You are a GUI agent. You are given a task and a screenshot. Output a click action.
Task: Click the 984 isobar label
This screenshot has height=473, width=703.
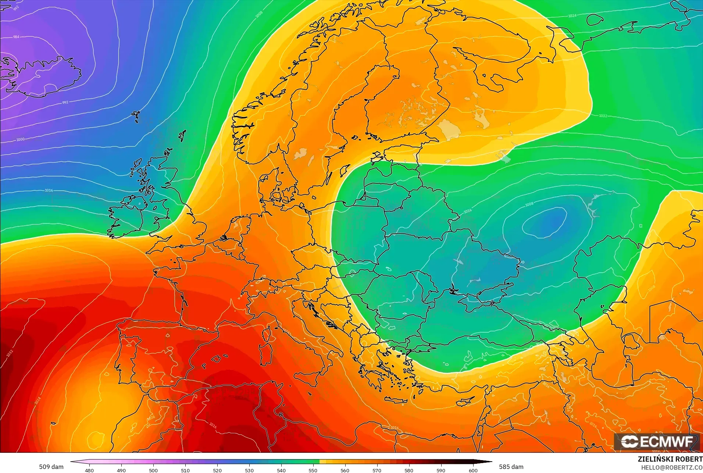pyautogui.click(x=16, y=37)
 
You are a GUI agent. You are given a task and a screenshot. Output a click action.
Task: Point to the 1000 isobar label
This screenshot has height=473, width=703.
pyautogui.click(x=20, y=139)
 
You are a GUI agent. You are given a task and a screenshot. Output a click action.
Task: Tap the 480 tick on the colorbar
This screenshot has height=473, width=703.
pyautogui.click(x=89, y=470)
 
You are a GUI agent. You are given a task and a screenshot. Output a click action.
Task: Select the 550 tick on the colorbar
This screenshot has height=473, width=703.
pyautogui.click(x=313, y=470)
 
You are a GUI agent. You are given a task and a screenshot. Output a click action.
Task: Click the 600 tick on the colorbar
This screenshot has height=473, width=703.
pyautogui.click(x=473, y=470)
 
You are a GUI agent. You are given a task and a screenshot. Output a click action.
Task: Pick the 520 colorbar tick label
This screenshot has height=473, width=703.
pyautogui.click(x=217, y=470)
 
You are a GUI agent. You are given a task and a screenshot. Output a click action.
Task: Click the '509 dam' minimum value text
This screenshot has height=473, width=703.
pyautogui.click(x=51, y=467)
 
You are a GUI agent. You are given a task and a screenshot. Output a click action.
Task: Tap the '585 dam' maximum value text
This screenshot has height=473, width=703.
pyautogui.click(x=511, y=467)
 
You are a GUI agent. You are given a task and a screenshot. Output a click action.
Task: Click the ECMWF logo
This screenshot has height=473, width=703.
pyautogui.click(x=657, y=441)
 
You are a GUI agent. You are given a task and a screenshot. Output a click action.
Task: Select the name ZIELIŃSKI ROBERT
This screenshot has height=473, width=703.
pyautogui.click(x=670, y=459)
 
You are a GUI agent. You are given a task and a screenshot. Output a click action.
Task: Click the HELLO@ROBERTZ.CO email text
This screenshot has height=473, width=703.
pyautogui.click(x=672, y=467)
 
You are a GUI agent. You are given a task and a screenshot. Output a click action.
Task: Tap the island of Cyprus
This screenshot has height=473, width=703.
pyautogui.click(x=466, y=402)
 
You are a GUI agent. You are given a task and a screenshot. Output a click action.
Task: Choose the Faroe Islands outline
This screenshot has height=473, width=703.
pyautogui.click(x=137, y=117)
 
